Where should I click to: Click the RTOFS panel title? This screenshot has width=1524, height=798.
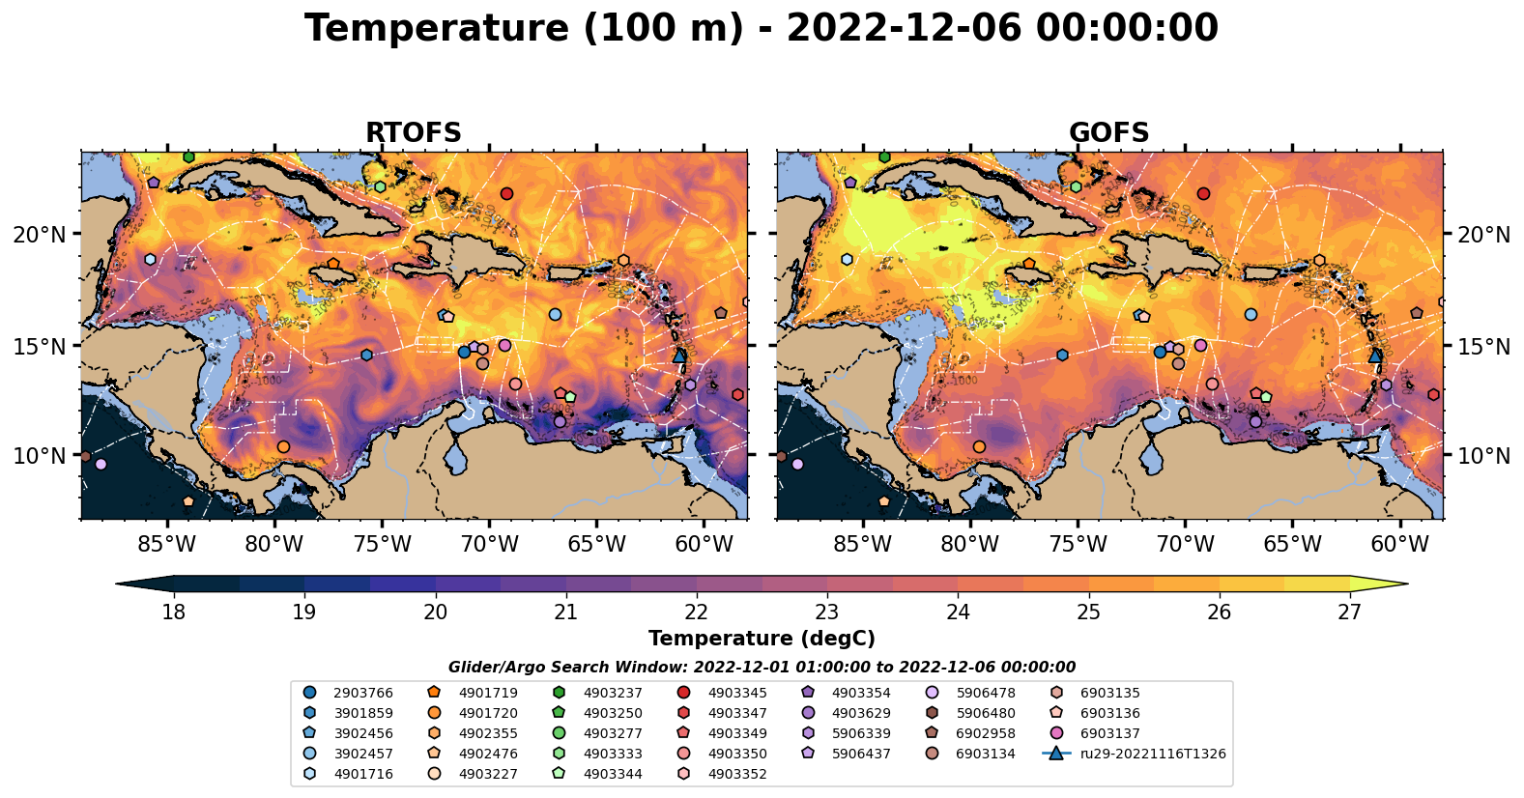[413, 132]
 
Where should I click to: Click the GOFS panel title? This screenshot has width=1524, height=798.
[1108, 132]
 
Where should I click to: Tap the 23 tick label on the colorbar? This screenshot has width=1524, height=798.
[826, 613]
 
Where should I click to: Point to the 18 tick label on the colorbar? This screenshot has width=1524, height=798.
[173, 613]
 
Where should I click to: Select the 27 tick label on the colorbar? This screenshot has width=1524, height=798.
[1349, 613]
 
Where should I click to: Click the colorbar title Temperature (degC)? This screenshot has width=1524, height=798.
[762, 639]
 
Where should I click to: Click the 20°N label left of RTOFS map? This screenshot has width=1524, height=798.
[40, 235]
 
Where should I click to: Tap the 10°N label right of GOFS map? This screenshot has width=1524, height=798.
[1483, 456]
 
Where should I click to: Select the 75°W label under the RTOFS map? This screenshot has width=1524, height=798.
[382, 545]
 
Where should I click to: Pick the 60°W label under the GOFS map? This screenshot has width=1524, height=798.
[1399, 545]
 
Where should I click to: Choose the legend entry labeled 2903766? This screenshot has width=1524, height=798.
[362, 693]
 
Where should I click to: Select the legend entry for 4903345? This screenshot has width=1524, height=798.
[736, 693]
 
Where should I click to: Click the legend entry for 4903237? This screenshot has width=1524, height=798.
[612, 693]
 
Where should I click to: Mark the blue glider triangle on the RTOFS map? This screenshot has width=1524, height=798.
[679, 356]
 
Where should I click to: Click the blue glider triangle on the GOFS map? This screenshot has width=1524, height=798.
[1375, 356]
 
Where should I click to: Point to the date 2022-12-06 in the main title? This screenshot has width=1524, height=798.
[904, 28]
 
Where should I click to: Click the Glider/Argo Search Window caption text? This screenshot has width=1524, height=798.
[762, 667]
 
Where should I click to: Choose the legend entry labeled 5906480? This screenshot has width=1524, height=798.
[985, 713]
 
